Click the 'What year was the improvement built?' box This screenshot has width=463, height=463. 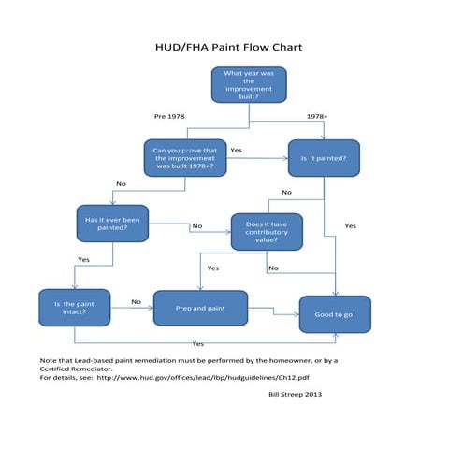coord(249,84)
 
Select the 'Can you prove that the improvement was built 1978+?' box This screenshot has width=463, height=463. coord(184,158)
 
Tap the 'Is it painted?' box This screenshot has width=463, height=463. coord(324,158)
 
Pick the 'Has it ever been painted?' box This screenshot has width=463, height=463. coord(112,224)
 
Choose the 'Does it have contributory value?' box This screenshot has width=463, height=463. coord(267,232)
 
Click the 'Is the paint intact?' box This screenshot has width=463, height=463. coord(75,309)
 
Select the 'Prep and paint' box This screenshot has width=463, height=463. coord(200,308)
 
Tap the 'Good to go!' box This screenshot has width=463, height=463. coord(334,315)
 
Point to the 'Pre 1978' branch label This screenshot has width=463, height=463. coord(169,116)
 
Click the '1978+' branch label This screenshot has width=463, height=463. coord(317,116)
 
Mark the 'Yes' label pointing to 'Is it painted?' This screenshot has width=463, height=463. coord(236,150)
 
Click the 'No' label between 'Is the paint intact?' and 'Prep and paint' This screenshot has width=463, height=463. coord(136,301)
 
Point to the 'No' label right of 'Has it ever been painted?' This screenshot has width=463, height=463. coord(196,225)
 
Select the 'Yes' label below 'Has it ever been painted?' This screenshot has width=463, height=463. coord(83,259)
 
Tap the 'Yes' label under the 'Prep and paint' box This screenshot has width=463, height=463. coord(198,343)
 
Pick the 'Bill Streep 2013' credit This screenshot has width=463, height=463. coord(295,394)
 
